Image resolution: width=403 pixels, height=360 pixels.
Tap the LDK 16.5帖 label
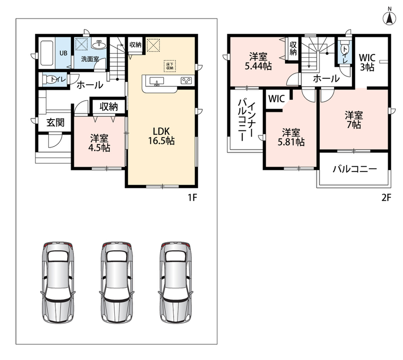161,136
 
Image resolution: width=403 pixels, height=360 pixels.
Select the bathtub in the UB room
47,53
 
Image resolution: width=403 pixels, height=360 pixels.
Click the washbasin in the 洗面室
99,45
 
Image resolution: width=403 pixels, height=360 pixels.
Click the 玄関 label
55,122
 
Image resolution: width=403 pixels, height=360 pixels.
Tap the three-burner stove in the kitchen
186,81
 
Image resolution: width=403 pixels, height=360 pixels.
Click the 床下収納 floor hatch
170,66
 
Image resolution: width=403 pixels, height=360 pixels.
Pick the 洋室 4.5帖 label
100,143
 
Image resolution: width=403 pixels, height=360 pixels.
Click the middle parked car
118,282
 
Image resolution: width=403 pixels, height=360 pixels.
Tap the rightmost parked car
176,282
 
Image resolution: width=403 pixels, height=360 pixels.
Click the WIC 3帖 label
367,62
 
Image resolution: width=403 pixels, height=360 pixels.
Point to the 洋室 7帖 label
353,120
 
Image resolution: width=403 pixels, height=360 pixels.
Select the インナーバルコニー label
246,120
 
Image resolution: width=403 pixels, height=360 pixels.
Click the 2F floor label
386,198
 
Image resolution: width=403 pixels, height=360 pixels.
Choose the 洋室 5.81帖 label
291,137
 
